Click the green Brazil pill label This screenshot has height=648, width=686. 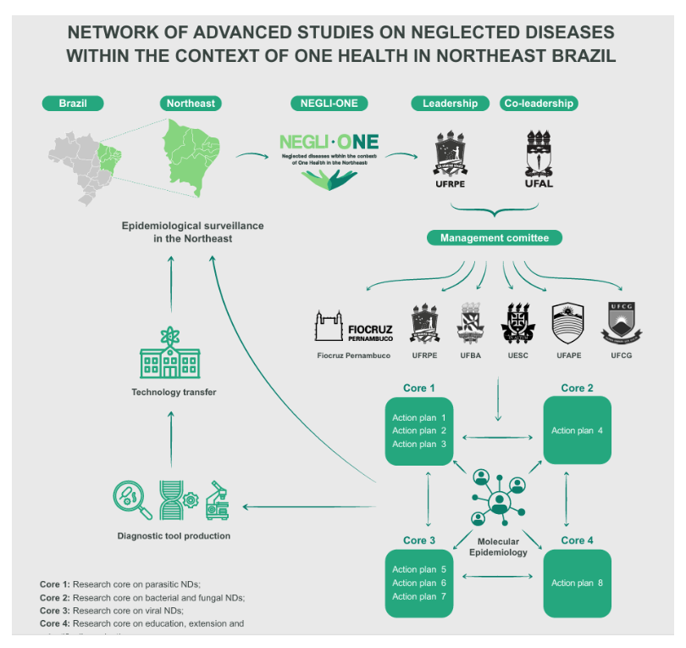pyautogui.click(x=72, y=103)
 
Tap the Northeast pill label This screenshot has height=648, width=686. pyautogui.click(x=191, y=103)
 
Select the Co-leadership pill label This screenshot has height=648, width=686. pyautogui.click(x=538, y=103)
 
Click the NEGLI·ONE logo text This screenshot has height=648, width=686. pyautogui.click(x=329, y=142)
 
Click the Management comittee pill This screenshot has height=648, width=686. pyautogui.click(x=495, y=238)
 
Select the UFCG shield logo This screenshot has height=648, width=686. pyautogui.click(x=621, y=323)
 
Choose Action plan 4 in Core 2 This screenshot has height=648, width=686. pyautogui.click(x=577, y=431)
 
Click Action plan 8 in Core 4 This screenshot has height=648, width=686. pyautogui.click(x=577, y=584)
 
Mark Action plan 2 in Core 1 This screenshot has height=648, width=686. pyautogui.click(x=419, y=431)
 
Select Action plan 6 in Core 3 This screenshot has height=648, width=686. pyautogui.click(x=419, y=584)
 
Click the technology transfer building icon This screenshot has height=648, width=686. pyautogui.click(x=170, y=357)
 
